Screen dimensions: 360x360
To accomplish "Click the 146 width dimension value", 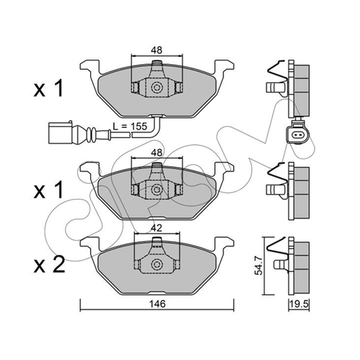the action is pos(157,304).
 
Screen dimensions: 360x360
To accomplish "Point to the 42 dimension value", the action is pos(157,228).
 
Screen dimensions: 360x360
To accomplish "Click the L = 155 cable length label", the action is pos(130,126).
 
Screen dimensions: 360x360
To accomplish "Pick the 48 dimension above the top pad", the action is pos(157,50).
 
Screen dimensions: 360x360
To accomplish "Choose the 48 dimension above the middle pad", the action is pos(157,152).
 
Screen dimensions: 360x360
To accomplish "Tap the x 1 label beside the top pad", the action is pos(48,88).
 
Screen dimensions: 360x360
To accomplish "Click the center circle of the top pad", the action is pos(157,87).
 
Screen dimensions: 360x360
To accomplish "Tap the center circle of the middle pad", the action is pos(157,189).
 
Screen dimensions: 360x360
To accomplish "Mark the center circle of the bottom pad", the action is pos(157,264).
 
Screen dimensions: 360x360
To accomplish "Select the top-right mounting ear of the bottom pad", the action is pos(224,243).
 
